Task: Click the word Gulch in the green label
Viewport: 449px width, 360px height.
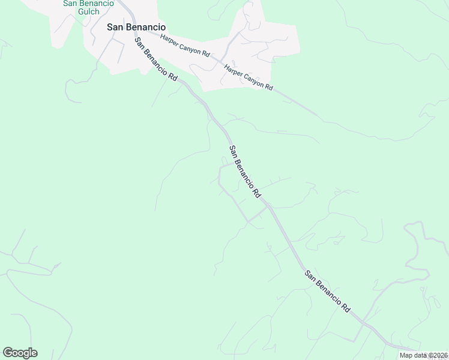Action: [88, 11]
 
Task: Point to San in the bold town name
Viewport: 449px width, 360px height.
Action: [115, 26]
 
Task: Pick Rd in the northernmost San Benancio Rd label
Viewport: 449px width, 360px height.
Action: [173, 77]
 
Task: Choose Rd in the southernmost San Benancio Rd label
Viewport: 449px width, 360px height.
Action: [346, 307]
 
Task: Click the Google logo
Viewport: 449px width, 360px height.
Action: [20, 353]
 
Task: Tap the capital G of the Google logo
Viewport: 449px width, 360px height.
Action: [8, 353]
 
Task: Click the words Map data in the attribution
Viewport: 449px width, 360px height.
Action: [413, 355]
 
